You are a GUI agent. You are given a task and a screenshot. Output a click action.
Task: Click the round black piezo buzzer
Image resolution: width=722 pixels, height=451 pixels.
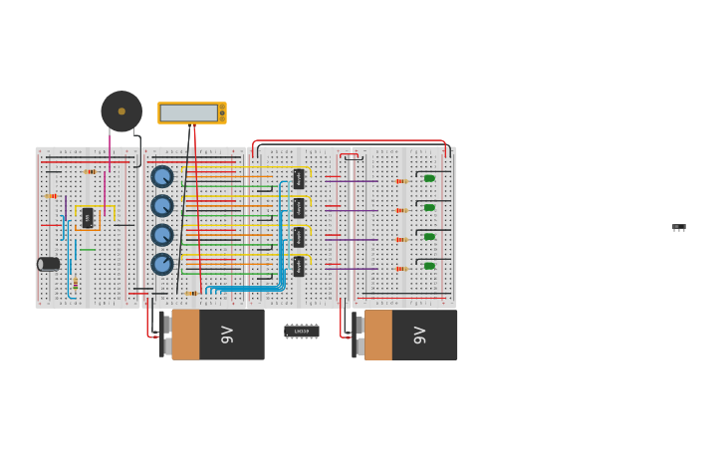pyautogui.click(x=121, y=112)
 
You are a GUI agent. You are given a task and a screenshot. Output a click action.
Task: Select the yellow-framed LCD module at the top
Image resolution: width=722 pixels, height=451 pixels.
pyautogui.click(x=191, y=113)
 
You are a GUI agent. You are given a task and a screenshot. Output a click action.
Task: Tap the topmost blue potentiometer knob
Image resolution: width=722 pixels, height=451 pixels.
pyautogui.click(x=162, y=176)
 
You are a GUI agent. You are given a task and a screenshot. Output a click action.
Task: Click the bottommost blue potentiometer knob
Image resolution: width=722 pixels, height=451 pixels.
pyautogui.click(x=162, y=265)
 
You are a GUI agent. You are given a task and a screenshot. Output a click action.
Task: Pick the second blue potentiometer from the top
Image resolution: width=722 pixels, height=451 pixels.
pyautogui.click(x=162, y=206)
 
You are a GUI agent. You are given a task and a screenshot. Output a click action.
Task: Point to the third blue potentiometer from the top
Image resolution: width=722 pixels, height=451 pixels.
pyautogui.click(x=162, y=235)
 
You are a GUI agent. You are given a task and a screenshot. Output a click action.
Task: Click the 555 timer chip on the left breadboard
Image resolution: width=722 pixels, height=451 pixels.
pyautogui.click(x=88, y=217)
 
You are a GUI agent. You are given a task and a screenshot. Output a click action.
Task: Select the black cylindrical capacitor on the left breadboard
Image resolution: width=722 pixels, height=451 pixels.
pyautogui.click(x=48, y=264)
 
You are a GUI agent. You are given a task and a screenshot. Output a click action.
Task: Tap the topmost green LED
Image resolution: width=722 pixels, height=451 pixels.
pyautogui.click(x=429, y=179)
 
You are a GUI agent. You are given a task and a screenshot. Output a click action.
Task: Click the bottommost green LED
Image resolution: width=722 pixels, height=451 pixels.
pyautogui.click(x=429, y=266)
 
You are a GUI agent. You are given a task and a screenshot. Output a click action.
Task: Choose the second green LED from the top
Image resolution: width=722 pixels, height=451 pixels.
pyautogui.click(x=429, y=208)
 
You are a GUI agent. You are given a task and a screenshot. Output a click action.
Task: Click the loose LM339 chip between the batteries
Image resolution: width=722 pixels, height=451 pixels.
pyautogui.click(x=302, y=331)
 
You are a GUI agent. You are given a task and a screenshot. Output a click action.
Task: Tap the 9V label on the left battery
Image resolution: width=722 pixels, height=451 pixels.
pyautogui.click(x=227, y=335)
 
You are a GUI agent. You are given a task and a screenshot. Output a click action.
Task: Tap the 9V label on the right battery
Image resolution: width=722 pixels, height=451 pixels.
pyautogui.click(x=420, y=335)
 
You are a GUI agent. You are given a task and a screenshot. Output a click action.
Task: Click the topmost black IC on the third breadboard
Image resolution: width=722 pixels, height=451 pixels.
pyautogui.click(x=299, y=179)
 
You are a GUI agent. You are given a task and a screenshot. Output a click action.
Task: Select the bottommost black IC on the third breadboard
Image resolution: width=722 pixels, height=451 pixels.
pyautogui.click(x=299, y=266)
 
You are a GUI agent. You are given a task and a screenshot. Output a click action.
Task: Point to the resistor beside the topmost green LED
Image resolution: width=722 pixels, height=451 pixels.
pyautogui.click(x=401, y=181)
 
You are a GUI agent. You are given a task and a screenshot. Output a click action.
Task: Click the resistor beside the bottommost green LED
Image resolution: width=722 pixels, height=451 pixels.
pyautogui.click(x=401, y=268)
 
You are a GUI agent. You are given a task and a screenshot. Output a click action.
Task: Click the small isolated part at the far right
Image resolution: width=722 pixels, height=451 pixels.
pyautogui.click(x=679, y=228)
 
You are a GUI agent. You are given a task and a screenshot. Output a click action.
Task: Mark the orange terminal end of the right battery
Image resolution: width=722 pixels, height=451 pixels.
pyautogui.click(x=378, y=335)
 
